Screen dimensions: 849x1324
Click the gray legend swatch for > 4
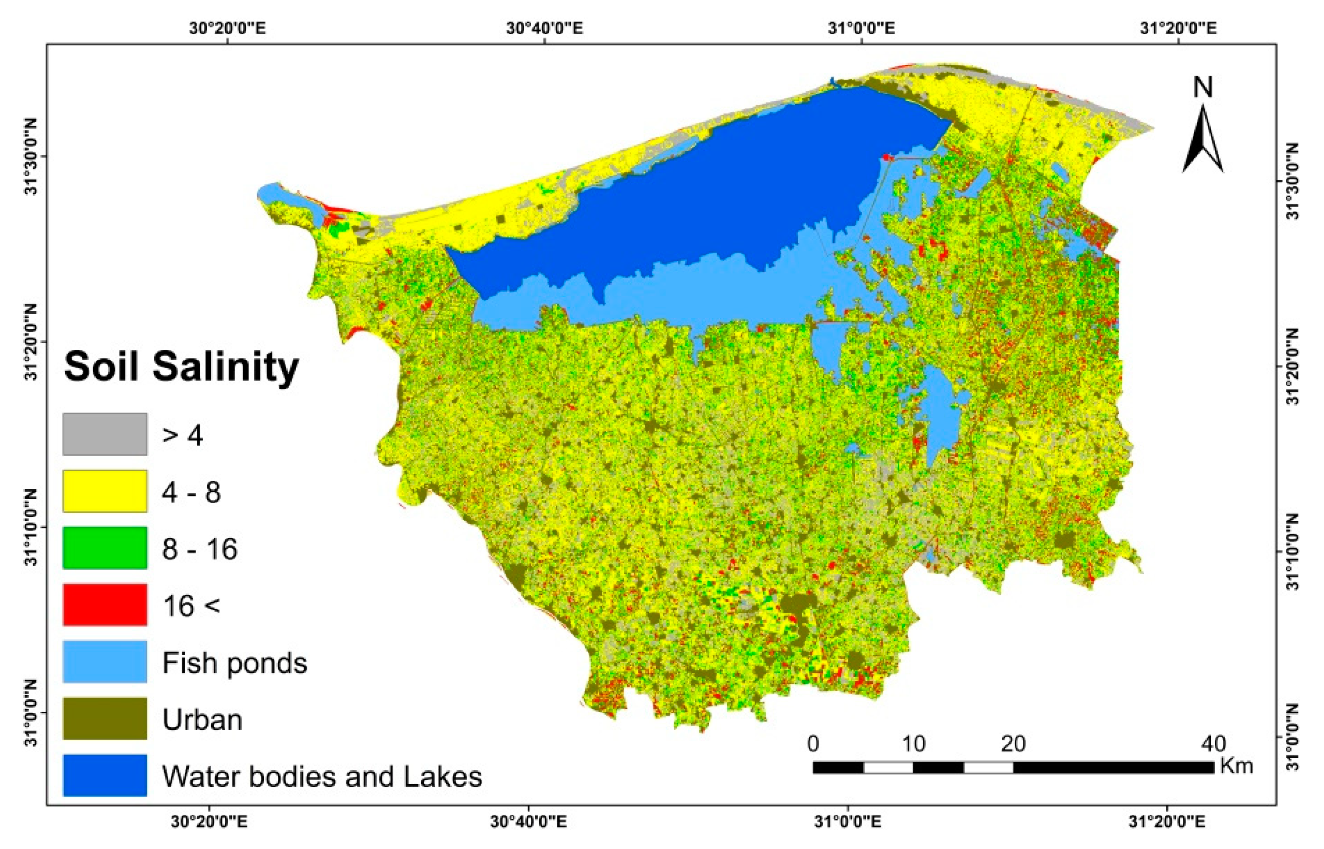pos(105,434)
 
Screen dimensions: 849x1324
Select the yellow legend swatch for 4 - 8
pos(105,491)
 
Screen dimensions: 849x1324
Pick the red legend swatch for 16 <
pos(105,605)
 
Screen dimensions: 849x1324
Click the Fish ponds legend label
pos(235,663)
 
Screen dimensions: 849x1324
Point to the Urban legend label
pos(202,720)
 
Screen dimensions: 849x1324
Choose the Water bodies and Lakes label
pos(322,777)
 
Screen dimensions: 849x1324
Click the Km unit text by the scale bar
pos(1237,766)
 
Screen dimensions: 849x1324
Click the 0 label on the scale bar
pos(813,745)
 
